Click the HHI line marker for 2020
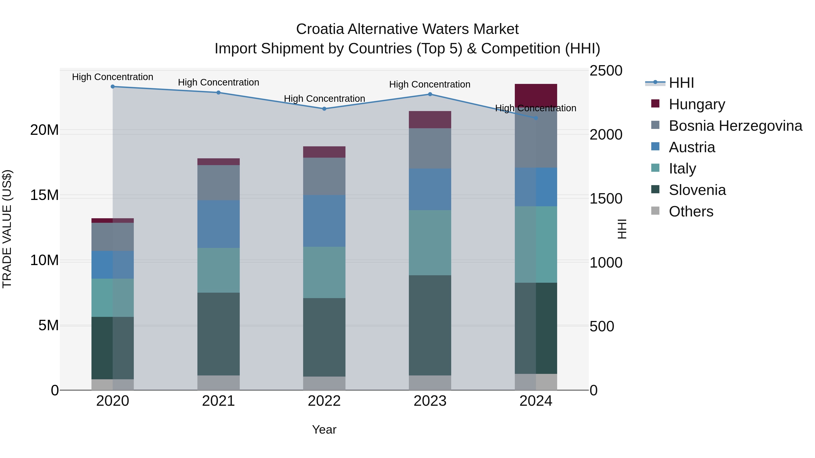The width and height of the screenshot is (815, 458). coord(113,87)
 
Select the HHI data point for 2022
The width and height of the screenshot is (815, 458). coord(324,109)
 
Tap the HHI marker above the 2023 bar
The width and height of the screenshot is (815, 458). coord(430,94)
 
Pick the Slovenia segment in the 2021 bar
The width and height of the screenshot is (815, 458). coord(218,334)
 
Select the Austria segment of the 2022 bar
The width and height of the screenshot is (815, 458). coord(324,221)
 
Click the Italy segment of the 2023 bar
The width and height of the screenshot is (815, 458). coord(430,242)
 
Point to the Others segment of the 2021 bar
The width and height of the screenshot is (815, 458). coord(218,382)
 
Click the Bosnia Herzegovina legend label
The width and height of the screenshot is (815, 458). coord(735,126)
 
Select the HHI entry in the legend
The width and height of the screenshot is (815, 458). coord(681,83)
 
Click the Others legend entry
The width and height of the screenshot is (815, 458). coord(691,211)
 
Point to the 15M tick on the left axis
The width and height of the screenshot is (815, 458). coord(44,195)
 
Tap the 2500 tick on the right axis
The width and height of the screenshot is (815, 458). coord(606,71)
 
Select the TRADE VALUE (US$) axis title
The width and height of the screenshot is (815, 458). coord(7,229)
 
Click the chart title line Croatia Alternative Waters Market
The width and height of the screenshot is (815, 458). coord(407,29)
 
